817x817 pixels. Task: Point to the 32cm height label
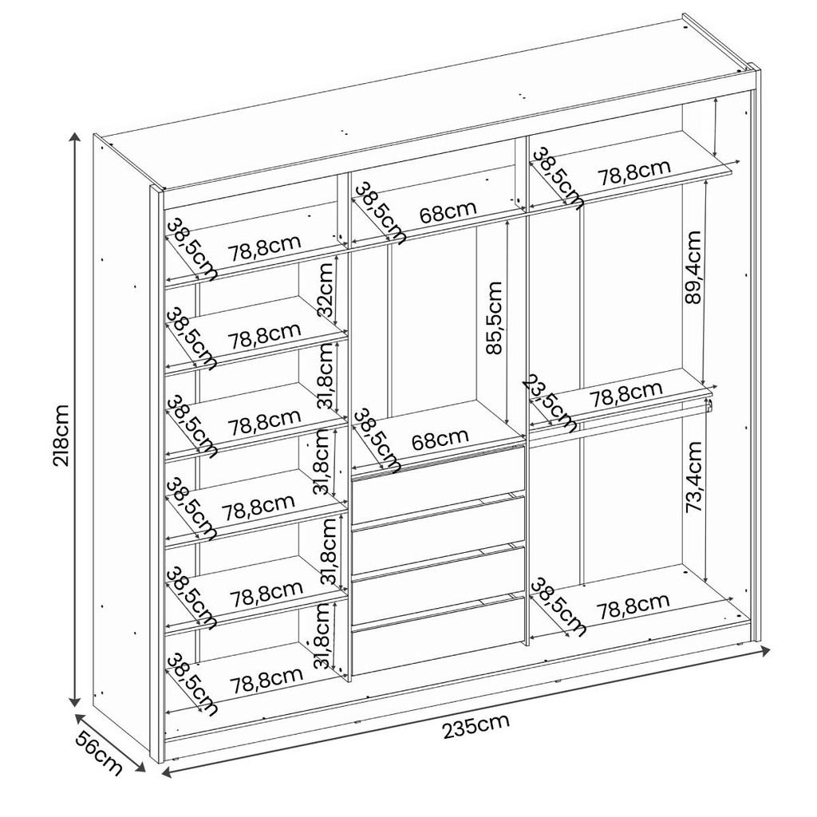pyautogui.click(x=326, y=288)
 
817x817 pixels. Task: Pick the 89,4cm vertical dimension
pyautogui.click(x=693, y=268)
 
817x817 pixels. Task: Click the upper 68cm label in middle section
pyautogui.click(x=448, y=211)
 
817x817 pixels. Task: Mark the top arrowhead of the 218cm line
pyautogui.click(x=76, y=137)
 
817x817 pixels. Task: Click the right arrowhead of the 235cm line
pyautogui.click(x=765, y=649)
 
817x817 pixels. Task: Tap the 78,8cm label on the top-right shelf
pyautogui.click(x=633, y=173)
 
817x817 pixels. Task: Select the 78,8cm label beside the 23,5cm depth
pyautogui.click(x=626, y=394)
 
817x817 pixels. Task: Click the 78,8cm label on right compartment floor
pyautogui.click(x=633, y=606)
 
